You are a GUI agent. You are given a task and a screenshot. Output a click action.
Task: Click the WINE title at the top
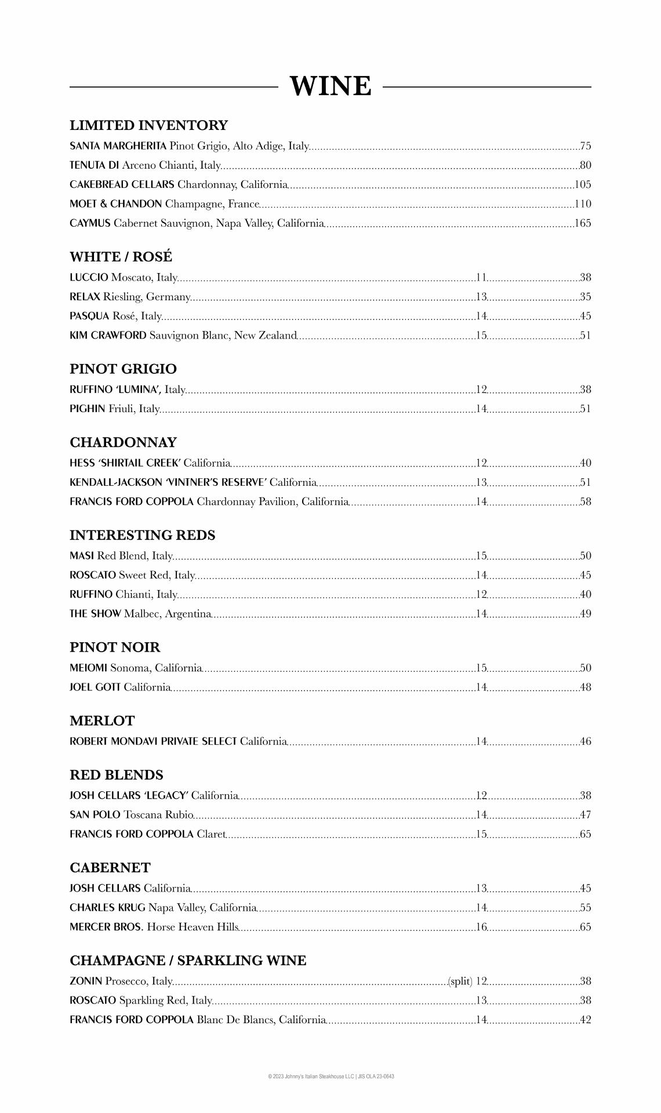(x=330, y=86)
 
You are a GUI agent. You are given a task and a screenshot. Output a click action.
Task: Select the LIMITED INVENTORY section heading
(x=148, y=125)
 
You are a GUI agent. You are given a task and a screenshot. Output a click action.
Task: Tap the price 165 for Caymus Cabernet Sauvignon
(x=583, y=223)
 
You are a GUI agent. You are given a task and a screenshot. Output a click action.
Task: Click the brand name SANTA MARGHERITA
(x=118, y=146)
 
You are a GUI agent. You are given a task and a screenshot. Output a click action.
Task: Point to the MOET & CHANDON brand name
(x=115, y=204)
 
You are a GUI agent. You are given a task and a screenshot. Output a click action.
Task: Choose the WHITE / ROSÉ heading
(x=121, y=257)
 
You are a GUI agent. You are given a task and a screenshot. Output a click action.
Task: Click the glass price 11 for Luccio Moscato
(x=481, y=278)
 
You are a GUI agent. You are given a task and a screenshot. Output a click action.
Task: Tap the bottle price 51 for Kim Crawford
(x=586, y=336)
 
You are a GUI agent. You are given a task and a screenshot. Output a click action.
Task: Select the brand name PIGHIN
(x=87, y=409)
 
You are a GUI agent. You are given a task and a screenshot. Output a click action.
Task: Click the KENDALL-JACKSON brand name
(x=116, y=482)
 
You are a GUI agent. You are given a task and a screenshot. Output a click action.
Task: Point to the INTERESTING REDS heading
(x=142, y=535)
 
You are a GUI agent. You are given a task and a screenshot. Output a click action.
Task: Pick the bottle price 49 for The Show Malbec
(x=586, y=614)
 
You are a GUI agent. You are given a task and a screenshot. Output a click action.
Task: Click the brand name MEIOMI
(x=88, y=668)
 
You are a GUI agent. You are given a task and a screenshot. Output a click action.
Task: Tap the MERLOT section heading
(x=102, y=721)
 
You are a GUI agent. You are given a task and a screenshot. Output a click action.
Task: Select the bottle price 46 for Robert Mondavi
(x=586, y=741)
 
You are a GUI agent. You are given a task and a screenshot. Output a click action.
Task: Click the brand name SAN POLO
(x=95, y=815)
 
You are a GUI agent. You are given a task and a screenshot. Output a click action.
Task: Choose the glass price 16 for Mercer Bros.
(x=481, y=927)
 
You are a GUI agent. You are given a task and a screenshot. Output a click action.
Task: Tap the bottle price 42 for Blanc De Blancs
(x=586, y=1020)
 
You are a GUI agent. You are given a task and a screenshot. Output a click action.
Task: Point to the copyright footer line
(x=330, y=1076)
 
